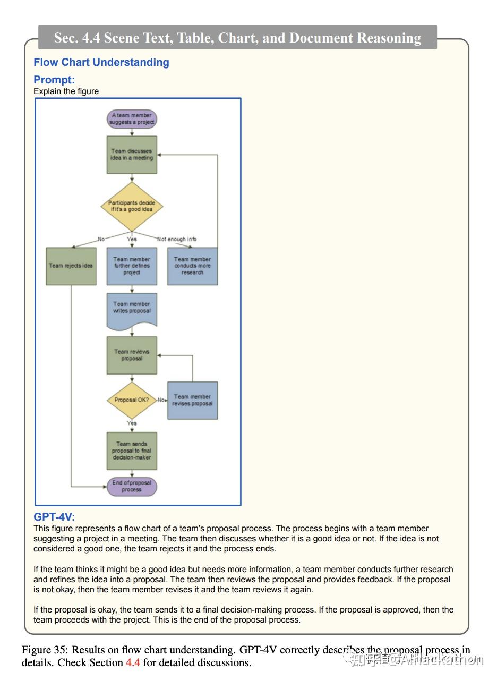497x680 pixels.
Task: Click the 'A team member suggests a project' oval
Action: click(x=132, y=118)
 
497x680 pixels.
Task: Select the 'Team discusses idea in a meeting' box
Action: click(x=132, y=154)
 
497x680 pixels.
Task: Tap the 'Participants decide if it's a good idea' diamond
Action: click(x=132, y=206)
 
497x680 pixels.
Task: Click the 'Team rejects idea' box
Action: click(x=71, y=266)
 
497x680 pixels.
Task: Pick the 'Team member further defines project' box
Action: click(x=132, y=266)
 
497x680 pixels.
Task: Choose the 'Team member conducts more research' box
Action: click(x=192, y=266)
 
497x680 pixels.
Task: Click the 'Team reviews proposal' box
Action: click(x=132, y=355)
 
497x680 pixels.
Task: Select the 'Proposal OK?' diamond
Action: click(x=132, y=399)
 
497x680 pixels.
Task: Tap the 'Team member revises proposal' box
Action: click(x=192, y=400)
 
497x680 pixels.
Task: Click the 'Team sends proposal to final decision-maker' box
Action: click(x=132, y=450)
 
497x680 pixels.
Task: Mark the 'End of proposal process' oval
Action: click(x=132, y=486)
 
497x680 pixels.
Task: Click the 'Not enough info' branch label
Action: click(x=177, y=239)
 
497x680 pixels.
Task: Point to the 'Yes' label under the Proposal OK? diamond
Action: click(x=132, y=423)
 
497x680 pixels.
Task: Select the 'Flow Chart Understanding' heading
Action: click(x=101, y=62)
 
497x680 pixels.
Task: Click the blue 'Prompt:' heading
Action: click(x=54, y=80)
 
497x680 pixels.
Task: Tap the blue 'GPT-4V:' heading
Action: click(x=54, y=516)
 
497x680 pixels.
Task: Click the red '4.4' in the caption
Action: click(x=133, y=662)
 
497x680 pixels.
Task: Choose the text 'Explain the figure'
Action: click(x=66, y=91)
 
